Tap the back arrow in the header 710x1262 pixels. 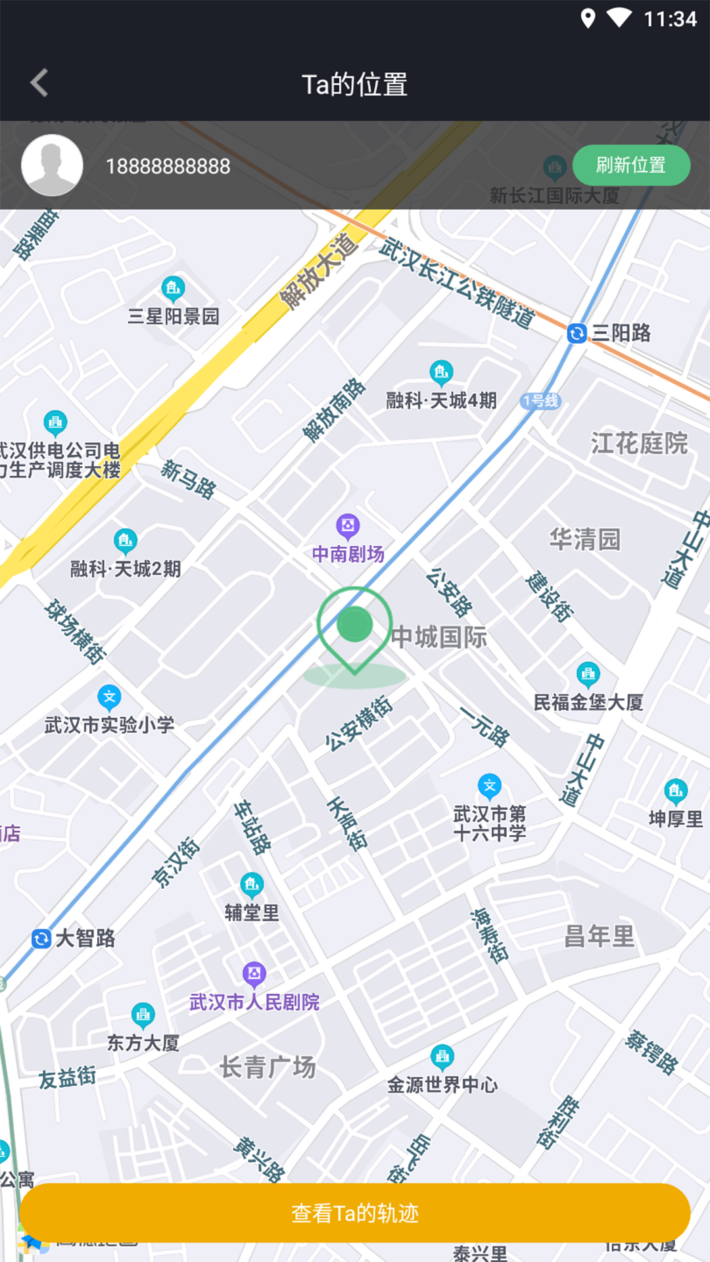[39, 83]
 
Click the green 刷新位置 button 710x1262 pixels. [630, 165]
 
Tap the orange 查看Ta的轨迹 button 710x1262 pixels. [355, 1213]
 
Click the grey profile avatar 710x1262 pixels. [52, 165]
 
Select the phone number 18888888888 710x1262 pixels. [168, 167]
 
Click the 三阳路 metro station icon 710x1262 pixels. [577, 334]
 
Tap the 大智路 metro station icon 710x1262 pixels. [41, 939]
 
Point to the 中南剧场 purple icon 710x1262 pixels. [348, 526]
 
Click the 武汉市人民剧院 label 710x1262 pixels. [254, 1002]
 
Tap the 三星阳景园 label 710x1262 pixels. [174, 317]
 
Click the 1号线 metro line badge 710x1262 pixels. [541, 401]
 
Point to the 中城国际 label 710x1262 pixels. [439, 638]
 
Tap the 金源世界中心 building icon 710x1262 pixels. [442, 1057]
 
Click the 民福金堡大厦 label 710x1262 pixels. [588, 703]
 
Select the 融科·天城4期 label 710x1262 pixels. [441, 400]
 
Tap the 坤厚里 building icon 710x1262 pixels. [676, 791]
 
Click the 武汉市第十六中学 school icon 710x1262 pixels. [489, 786]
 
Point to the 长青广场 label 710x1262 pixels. [268, 1067]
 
